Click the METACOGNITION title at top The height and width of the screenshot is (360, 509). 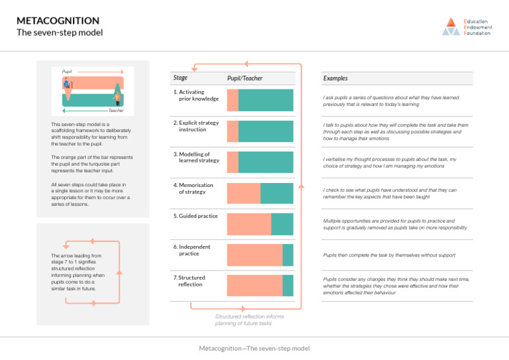pyautogui.click(x=54, y=20)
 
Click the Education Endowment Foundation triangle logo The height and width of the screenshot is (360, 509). pyautogui.click(x=451, y=27)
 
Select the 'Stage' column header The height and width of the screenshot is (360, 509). pyautogui.click(x=180, y=78)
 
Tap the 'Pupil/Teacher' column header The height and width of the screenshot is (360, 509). pyautogui.click(x=245, y=78)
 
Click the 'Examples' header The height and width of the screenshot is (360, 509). pyautogui.click(x=335, y=78)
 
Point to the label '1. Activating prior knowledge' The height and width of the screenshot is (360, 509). pyautogui.click(x=196, y=95)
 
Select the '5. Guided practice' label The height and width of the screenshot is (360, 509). pyautogui.click(x=196, y=216)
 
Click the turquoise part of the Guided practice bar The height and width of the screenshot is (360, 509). pyautogui.click(x=282, y=224)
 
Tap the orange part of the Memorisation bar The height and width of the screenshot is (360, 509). pyautogui.click(x=243, y=193)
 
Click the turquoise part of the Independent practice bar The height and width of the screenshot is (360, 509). pyautogui.click(x=288, y=255)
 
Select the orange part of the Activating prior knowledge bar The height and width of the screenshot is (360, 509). pyautogui.click(x=232, y=100)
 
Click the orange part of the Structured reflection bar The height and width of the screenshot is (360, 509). pyautogui.click(x=254, y=286)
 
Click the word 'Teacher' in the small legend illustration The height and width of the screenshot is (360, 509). pyautogui.click(x=116, y=111)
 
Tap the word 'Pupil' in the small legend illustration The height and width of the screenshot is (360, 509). pyautogui.click(x=67, y=70)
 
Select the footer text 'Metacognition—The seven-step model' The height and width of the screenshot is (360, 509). pyautogui.click(x=254, y=348)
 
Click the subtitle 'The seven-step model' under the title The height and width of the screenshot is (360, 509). pyautogui.click(x=60, y=32)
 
